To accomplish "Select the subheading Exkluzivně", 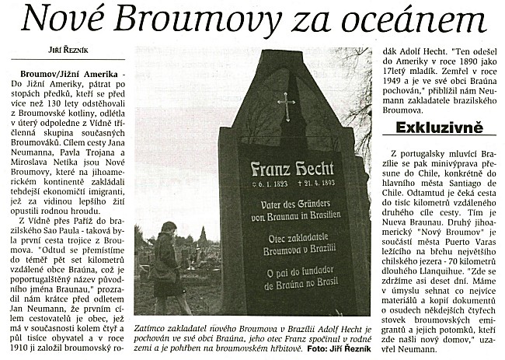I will tap(439, 127).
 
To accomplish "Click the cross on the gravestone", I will tap(287, 106).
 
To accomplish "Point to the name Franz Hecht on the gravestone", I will tap(292, 170).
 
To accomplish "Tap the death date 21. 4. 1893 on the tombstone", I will tap(320, 185).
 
